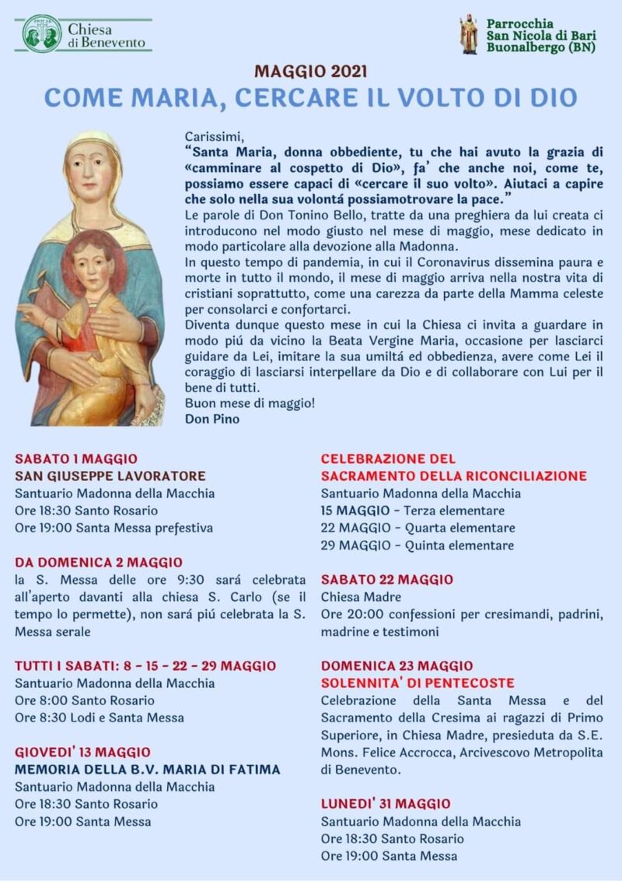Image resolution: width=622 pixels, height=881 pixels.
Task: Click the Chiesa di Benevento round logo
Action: point(41,33)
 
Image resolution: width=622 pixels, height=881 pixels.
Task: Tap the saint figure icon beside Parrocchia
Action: point(469,34)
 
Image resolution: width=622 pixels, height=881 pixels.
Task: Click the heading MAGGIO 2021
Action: point(311,72)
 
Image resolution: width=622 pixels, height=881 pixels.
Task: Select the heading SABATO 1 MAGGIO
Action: point(76,459)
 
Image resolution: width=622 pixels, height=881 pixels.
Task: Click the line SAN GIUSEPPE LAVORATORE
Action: point(110,476)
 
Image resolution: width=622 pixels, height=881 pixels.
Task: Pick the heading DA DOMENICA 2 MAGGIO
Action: point(99,562)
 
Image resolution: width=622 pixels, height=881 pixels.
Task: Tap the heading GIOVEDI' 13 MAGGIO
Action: point(83,752)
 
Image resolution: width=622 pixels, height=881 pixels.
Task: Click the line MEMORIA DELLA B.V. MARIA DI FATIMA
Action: point(148,770)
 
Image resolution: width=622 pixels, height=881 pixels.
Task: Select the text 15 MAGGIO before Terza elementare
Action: point(355,511)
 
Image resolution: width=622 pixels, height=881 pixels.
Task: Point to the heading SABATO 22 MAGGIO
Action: point(387,580)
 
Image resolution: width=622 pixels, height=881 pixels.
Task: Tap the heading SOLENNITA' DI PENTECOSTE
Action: point(418,683)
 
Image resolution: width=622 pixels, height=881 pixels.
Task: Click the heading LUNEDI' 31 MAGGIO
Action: point(386,804)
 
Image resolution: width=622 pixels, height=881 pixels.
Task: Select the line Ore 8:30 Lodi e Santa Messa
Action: point(100,718)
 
